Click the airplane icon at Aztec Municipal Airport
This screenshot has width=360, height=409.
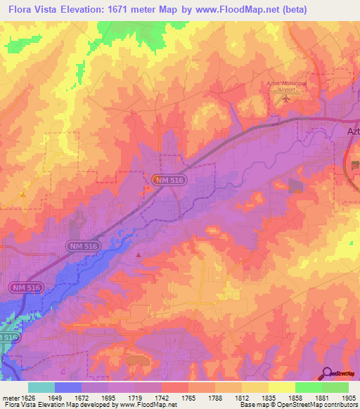pos(285,98)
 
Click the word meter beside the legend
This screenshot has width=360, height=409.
pos(8,398)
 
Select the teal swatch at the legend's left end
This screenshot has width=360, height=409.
pos(41,387)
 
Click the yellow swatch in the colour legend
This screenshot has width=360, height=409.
pos(282,387)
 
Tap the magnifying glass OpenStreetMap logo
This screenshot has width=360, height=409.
pos(327,374)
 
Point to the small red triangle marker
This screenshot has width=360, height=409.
pos(139,254)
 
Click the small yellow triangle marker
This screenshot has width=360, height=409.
pos(23,193)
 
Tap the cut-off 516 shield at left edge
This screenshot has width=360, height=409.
pos(7,338)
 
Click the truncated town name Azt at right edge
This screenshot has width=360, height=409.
pos(353,130)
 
